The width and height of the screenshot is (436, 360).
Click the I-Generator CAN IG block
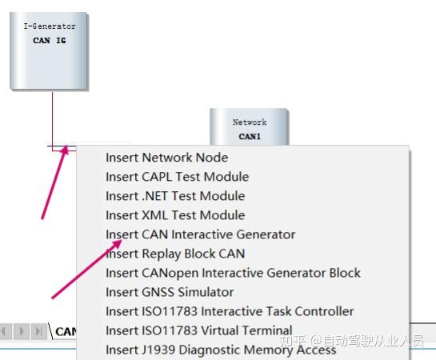(49, 51)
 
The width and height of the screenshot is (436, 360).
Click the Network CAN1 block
(249, 127)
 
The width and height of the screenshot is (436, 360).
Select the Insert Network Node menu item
(167, 158)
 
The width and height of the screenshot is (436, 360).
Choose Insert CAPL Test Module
(177, 177)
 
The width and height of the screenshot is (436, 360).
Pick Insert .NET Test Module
(175, 196)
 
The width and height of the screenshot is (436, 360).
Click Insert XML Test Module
(175, 215)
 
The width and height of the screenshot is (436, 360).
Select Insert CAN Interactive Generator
(201, 234)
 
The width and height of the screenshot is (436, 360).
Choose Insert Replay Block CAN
(175, 254)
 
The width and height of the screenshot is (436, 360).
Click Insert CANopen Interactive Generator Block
(233, 273)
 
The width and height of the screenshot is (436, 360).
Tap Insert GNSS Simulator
(170, 292)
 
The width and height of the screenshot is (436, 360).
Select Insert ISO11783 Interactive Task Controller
(230, 311)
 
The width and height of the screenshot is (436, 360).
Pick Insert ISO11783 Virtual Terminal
(199, 330)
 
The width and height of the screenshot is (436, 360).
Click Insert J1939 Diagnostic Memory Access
(221, 350)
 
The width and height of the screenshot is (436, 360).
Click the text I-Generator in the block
(50, 26)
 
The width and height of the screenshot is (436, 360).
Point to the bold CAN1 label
(250, 137)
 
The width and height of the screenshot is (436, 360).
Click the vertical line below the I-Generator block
(52, 119)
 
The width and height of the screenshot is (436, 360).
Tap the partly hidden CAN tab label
(66, 332)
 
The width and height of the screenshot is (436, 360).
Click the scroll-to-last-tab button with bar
(38, 331)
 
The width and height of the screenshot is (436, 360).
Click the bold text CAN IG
(50, 41)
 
